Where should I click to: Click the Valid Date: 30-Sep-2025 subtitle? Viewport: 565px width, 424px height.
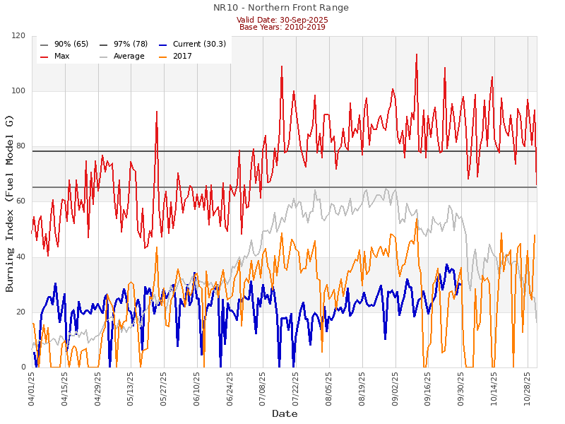pos(282,20)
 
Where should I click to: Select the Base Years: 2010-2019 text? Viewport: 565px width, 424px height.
pos(282,27)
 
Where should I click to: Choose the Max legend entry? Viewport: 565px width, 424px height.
pos(63,56)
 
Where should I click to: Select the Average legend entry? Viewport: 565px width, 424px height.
pos(128,56)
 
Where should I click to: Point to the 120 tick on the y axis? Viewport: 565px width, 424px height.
pos(19,36)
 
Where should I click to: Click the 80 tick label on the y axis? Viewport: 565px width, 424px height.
pos(21,146)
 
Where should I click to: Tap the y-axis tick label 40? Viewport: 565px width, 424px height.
pos(21,257)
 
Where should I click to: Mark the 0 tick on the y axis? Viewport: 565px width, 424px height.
pos(23,367)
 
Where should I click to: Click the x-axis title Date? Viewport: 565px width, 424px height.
pos(285,413)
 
